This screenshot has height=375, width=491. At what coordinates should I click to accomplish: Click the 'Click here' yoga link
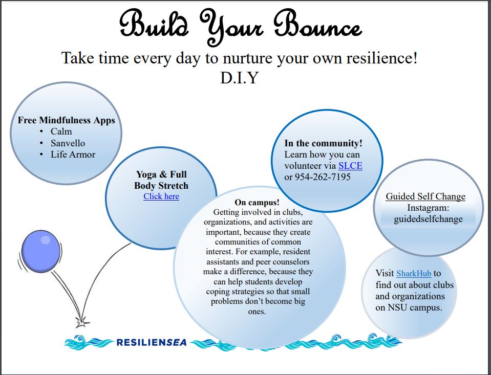coord(161,196)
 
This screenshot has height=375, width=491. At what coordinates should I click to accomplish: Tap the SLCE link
coord(350,166)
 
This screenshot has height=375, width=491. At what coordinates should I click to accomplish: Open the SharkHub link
coord(414,273)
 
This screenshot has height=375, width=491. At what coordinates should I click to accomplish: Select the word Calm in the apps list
coord(61,131)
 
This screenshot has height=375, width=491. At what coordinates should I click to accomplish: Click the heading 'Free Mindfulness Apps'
coord(67,120)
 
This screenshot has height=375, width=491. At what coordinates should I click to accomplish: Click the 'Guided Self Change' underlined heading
coord(425,196)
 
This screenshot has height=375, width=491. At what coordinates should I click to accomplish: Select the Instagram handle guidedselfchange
coord(428,219)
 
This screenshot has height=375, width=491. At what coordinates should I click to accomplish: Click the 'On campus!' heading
coord(257,202)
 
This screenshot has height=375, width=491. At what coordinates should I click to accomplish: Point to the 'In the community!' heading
coord(324,143)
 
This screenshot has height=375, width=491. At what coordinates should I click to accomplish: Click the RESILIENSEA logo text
coord(151,342)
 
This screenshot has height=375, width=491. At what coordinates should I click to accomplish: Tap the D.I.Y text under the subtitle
coord(240,78)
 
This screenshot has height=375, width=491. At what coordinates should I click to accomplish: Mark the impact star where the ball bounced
coord(82,322)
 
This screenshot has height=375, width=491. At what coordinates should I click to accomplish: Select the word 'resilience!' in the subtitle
coord(382,58)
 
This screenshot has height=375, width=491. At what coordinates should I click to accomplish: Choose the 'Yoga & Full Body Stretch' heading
coord(161,180)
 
